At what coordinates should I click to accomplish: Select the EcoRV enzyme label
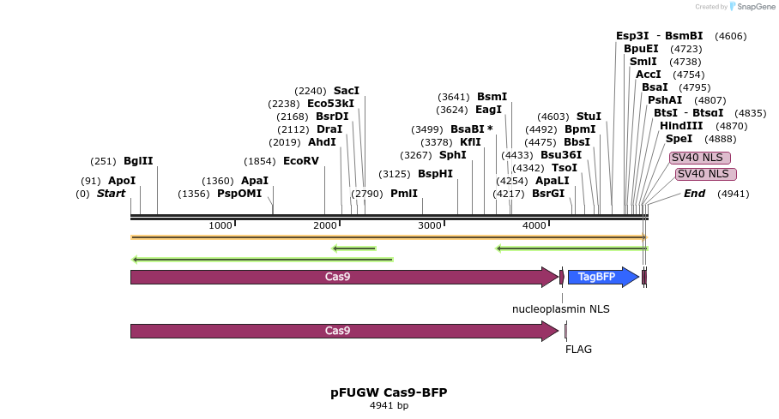(300, 161)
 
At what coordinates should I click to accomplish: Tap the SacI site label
(347, 91)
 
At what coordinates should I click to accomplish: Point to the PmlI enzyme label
(404, 194)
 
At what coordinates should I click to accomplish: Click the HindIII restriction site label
(679, 126)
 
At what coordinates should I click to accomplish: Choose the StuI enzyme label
(589, 117)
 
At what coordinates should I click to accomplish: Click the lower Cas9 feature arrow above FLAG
(343, 331)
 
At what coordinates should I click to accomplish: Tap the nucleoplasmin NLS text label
(561, 308)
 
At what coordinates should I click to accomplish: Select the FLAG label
(578, 350)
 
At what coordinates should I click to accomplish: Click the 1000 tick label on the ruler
(220, 225)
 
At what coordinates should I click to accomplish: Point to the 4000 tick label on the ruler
(534, 225)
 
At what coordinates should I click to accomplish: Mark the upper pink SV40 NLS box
(700, 158)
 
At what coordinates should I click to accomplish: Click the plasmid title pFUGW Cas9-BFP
(389, 392)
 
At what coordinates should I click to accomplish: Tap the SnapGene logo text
(748, 7)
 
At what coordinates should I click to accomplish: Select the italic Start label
(111, 194)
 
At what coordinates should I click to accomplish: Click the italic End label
(694, 194)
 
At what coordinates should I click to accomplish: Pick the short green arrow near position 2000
(354, 248)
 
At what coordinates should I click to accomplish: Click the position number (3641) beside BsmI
(454, 97)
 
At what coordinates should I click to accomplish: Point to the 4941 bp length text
(389, 405)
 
